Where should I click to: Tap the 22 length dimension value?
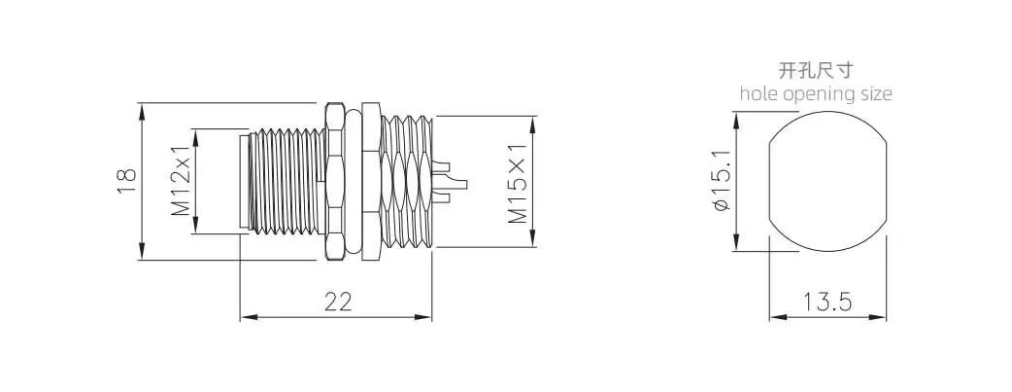click(336, 302)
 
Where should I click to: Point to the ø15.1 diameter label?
click(720, 182)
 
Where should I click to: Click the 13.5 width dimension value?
click(827, 302)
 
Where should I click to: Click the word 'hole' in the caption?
click(757, 94)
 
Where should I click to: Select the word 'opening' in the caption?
click(819, 94)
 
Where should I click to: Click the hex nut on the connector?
click(335, 181)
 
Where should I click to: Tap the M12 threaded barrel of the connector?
click(282, 181)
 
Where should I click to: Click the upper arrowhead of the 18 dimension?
click(142, 107)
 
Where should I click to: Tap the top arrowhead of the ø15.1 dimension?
click(736, 119)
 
